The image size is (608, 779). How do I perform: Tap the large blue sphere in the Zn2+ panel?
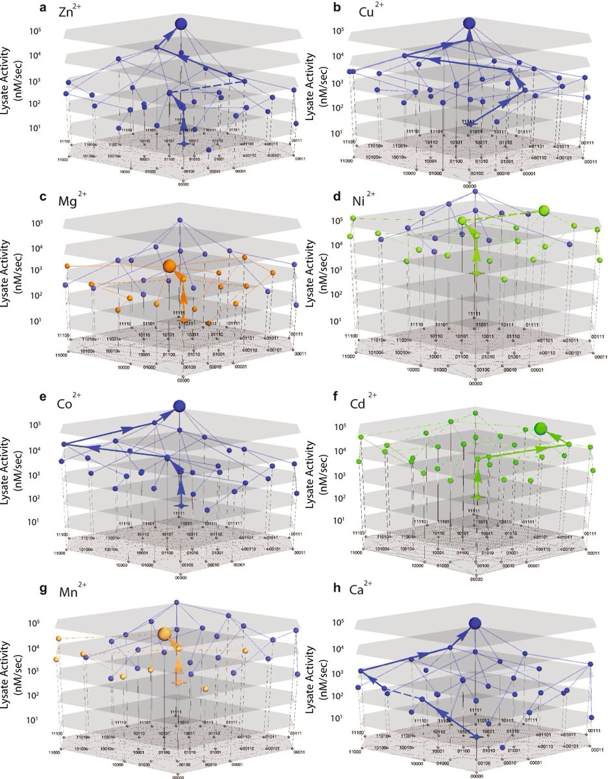pos(181,23)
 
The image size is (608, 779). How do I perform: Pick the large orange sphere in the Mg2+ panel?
pos(170,266)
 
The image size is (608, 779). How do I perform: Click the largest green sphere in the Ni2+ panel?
pos(544,210)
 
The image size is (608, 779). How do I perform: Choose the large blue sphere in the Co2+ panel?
pos(180,406)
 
